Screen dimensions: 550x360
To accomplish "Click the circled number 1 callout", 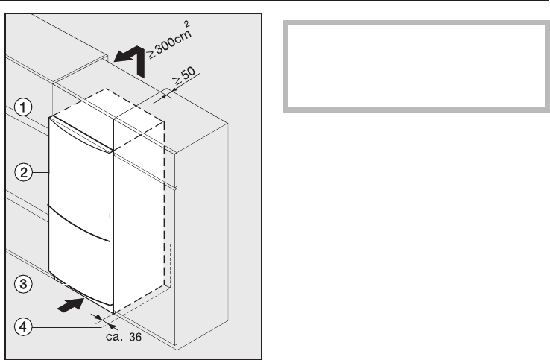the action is pyautogui.click(x=25, y=107).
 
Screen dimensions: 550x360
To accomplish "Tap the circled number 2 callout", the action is pyautogui.click(x=25, y=172).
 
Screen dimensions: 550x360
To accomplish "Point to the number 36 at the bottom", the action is pyautogui.click(x=134, y=337).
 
